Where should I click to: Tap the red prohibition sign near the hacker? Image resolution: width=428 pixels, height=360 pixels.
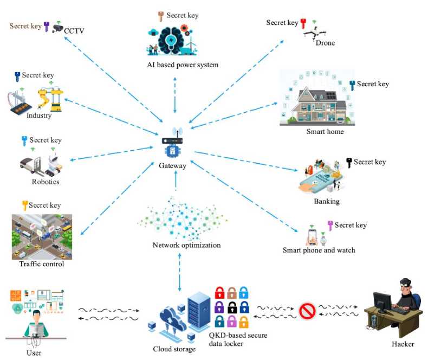tap(307, 312)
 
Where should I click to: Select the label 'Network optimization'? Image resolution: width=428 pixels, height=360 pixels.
tap(187, 245)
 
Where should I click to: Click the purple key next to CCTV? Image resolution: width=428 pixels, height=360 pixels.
tap(47, 26)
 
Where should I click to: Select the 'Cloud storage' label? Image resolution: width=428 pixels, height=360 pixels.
tap(174, 349)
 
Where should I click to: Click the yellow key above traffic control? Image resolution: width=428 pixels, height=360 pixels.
tap(24, 205)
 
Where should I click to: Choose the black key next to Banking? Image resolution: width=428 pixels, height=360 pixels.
tap(349, 162)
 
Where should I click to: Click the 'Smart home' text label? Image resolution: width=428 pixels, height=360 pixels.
tap(325, 131)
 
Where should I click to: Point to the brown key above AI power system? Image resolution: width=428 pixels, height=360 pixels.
tap(160, 15)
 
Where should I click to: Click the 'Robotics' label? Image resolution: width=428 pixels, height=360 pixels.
tap(45, 182)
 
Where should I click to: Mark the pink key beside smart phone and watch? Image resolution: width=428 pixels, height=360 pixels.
tap(330, 225)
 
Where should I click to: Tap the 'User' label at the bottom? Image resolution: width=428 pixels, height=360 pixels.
tap(34, 352)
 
